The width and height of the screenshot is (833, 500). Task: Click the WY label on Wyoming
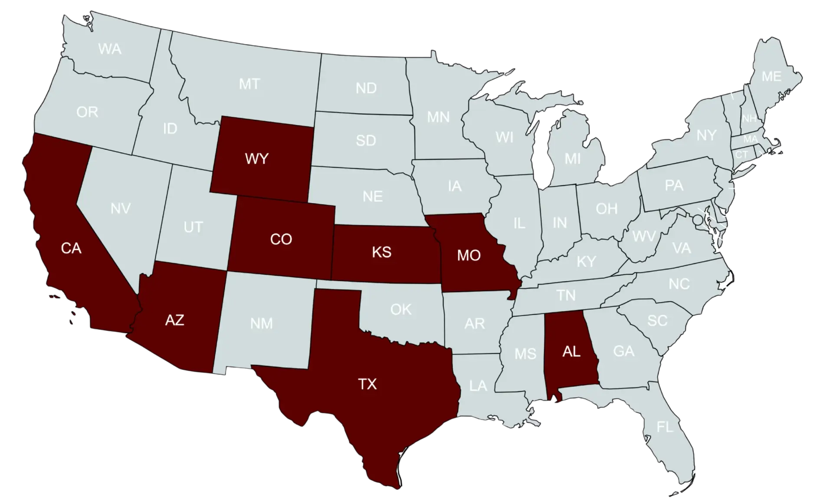click(257, 159)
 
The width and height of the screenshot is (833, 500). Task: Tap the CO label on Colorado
click(281, 239)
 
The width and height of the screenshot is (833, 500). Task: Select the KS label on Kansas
click(381, 252)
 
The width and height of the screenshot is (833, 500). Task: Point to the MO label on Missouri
click(469, 255)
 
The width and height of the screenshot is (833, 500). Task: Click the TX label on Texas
click(367, 384)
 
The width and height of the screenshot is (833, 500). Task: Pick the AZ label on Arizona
click(175, 320)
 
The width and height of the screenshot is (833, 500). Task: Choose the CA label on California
click(71, 248)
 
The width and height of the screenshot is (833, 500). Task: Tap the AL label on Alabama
click(571, 352)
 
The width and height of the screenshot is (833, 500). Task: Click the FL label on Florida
click(664, 427)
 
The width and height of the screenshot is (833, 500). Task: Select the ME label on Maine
click(771, 77)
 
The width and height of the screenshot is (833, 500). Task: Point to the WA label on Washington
click(109, 49)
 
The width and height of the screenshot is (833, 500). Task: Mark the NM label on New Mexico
click(262, 324)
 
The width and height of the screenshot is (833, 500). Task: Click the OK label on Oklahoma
click(400, 309)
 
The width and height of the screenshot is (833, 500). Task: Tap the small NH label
click(749, 118)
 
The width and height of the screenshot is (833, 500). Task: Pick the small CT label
click(741, 155)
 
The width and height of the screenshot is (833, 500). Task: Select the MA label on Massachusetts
click(751, 139)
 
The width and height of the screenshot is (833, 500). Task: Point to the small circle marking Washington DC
click(697, 220)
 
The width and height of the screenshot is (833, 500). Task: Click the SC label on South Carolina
click(657, 321)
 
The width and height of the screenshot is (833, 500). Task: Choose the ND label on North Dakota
click(366, 89)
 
